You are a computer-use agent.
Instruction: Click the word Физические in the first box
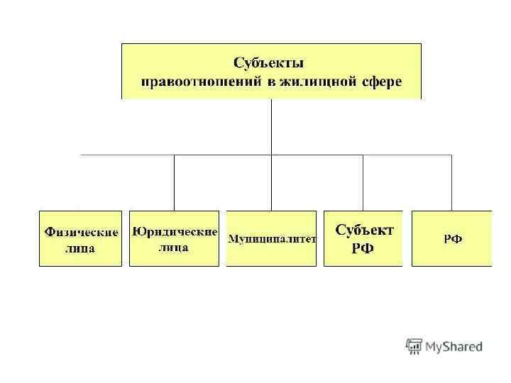(80, 232)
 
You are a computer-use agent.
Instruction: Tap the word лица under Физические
(80, 248)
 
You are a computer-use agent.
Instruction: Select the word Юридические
(175, 232)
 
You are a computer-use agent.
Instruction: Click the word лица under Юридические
(174, 248)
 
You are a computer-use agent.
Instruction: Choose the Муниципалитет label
(271, 239)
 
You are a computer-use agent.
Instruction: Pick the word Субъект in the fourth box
(363, 231)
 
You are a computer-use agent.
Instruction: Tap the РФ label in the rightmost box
(453, 239)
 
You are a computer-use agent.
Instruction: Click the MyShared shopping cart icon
(413, 346)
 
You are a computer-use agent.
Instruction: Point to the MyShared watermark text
(454, 347)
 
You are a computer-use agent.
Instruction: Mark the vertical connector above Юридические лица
(175, 182)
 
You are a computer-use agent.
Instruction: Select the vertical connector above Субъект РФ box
(363, 182)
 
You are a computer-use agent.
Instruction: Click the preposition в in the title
(271, 82)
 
